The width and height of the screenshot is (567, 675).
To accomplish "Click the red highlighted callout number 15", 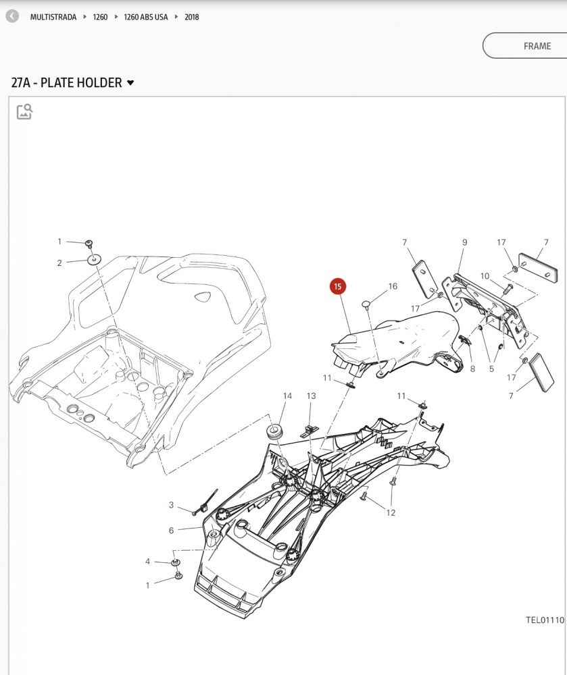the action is coord(338,287).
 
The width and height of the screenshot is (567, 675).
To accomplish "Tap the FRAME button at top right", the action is coord(525,46).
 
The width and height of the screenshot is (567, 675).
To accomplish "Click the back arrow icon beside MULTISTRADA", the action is coord(12,16).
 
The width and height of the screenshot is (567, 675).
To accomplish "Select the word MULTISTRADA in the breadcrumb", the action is coord(53,18).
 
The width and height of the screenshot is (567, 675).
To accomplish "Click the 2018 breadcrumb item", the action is coord(192,18).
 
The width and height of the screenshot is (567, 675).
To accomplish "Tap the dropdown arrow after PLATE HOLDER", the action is coord(130,82).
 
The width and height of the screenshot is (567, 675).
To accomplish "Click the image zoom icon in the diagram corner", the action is coord(24,111).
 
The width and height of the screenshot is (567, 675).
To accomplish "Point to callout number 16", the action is coord(393,286).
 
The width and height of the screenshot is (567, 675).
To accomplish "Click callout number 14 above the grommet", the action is coord(287,396).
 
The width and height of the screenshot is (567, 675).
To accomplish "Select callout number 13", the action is coord(311,396).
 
